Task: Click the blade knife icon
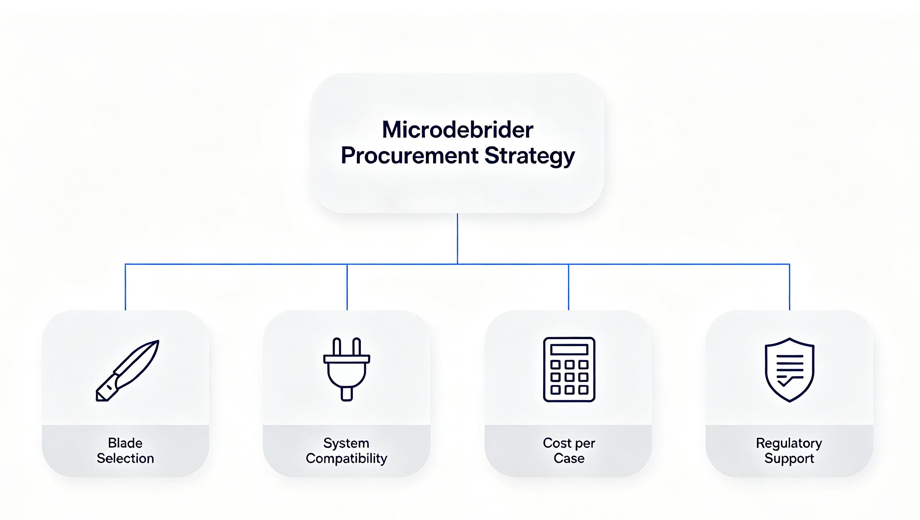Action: coord(127,370)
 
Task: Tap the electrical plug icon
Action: coord(346,369)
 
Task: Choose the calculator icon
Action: coord(569,369)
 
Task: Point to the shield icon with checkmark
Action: coord(789,370)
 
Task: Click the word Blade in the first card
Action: coord(125,443)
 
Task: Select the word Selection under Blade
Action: coord(125,458)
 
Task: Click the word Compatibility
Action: coord(346,459)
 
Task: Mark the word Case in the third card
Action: coord(569,458)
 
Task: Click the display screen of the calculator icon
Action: coord(569,349)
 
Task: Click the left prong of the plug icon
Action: coord(336,346)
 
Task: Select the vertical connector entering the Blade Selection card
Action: coord(125,287)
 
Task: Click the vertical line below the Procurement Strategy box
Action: coord(457,239)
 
